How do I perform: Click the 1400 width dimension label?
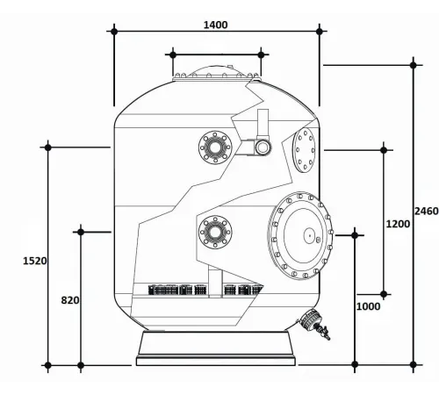point(215,25)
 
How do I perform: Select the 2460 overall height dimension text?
point(426,211)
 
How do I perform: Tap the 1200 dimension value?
point(398,224)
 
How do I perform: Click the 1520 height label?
point(35,260)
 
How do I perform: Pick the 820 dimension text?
point(70,300)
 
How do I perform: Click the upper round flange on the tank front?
point(213,146)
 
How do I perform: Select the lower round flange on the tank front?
point(213,232)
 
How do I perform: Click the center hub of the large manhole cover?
point(308,234)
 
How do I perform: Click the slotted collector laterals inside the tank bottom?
point(206,288)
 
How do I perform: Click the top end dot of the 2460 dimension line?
point(414,63)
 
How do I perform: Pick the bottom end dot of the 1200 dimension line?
point(384,294)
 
